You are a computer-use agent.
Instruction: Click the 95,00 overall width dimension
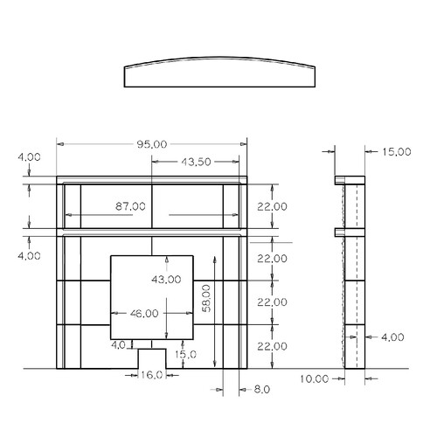coord(152,144)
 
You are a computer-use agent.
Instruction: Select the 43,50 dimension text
coord(196,162)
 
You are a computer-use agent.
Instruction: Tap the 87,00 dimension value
coord(130,206)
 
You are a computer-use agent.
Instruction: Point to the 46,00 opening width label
coord(144,314)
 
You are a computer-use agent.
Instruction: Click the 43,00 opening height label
coord(166,280)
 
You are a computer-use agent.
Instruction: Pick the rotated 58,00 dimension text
coord(206,299)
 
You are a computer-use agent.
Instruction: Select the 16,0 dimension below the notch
coord(151,375)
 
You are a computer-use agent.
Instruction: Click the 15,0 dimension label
coord(185,355)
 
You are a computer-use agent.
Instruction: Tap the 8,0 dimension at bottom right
coord(262,390)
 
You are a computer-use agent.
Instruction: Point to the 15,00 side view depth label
coord(397,152)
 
